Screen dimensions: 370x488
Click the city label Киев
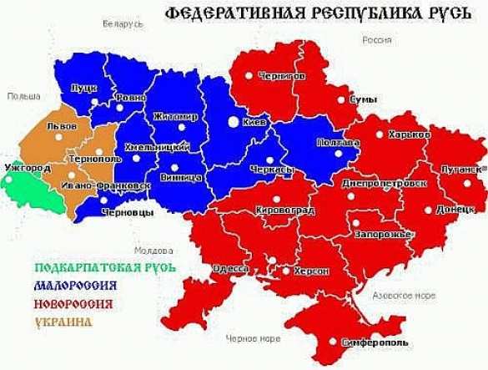point(254,123)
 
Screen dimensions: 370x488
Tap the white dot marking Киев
point(233,122)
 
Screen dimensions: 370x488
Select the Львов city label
point(63,126)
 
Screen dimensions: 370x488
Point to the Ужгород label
point(28,168)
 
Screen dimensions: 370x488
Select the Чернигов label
point(282,76)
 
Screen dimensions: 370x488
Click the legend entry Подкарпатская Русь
point(105,268)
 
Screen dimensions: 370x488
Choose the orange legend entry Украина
point(63,321)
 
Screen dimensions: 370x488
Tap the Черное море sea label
point(254,337)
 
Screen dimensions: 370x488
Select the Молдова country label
point(151,250)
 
